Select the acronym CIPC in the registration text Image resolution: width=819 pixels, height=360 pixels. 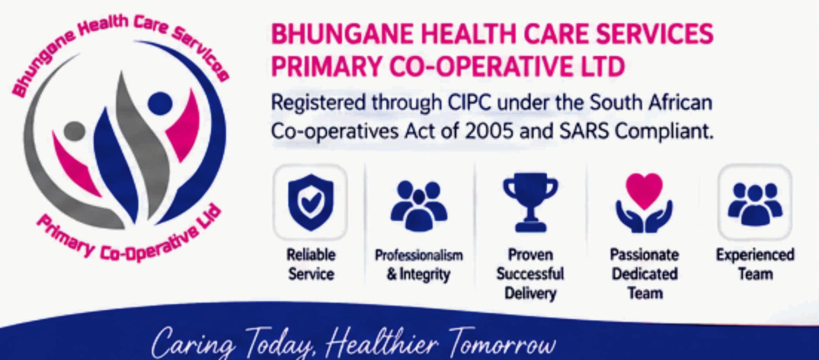tap(469, 103)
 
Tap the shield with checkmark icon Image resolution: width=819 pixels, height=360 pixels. tap(310, 202)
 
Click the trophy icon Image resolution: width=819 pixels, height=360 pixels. tap(530, 202)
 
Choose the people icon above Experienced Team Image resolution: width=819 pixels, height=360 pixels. tap(755, 204)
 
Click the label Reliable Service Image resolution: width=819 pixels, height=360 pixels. tap(311, 264)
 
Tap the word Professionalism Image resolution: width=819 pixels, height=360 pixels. tap(419, 255)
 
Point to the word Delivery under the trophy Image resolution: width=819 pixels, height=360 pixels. tap(530, 294)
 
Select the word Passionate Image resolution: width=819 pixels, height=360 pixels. tap(644, 255)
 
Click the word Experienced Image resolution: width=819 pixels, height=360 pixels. tap(755, 255)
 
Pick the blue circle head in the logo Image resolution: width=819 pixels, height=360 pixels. tap(160, 103)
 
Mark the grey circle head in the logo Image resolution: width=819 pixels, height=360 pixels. tap(74, 131)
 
